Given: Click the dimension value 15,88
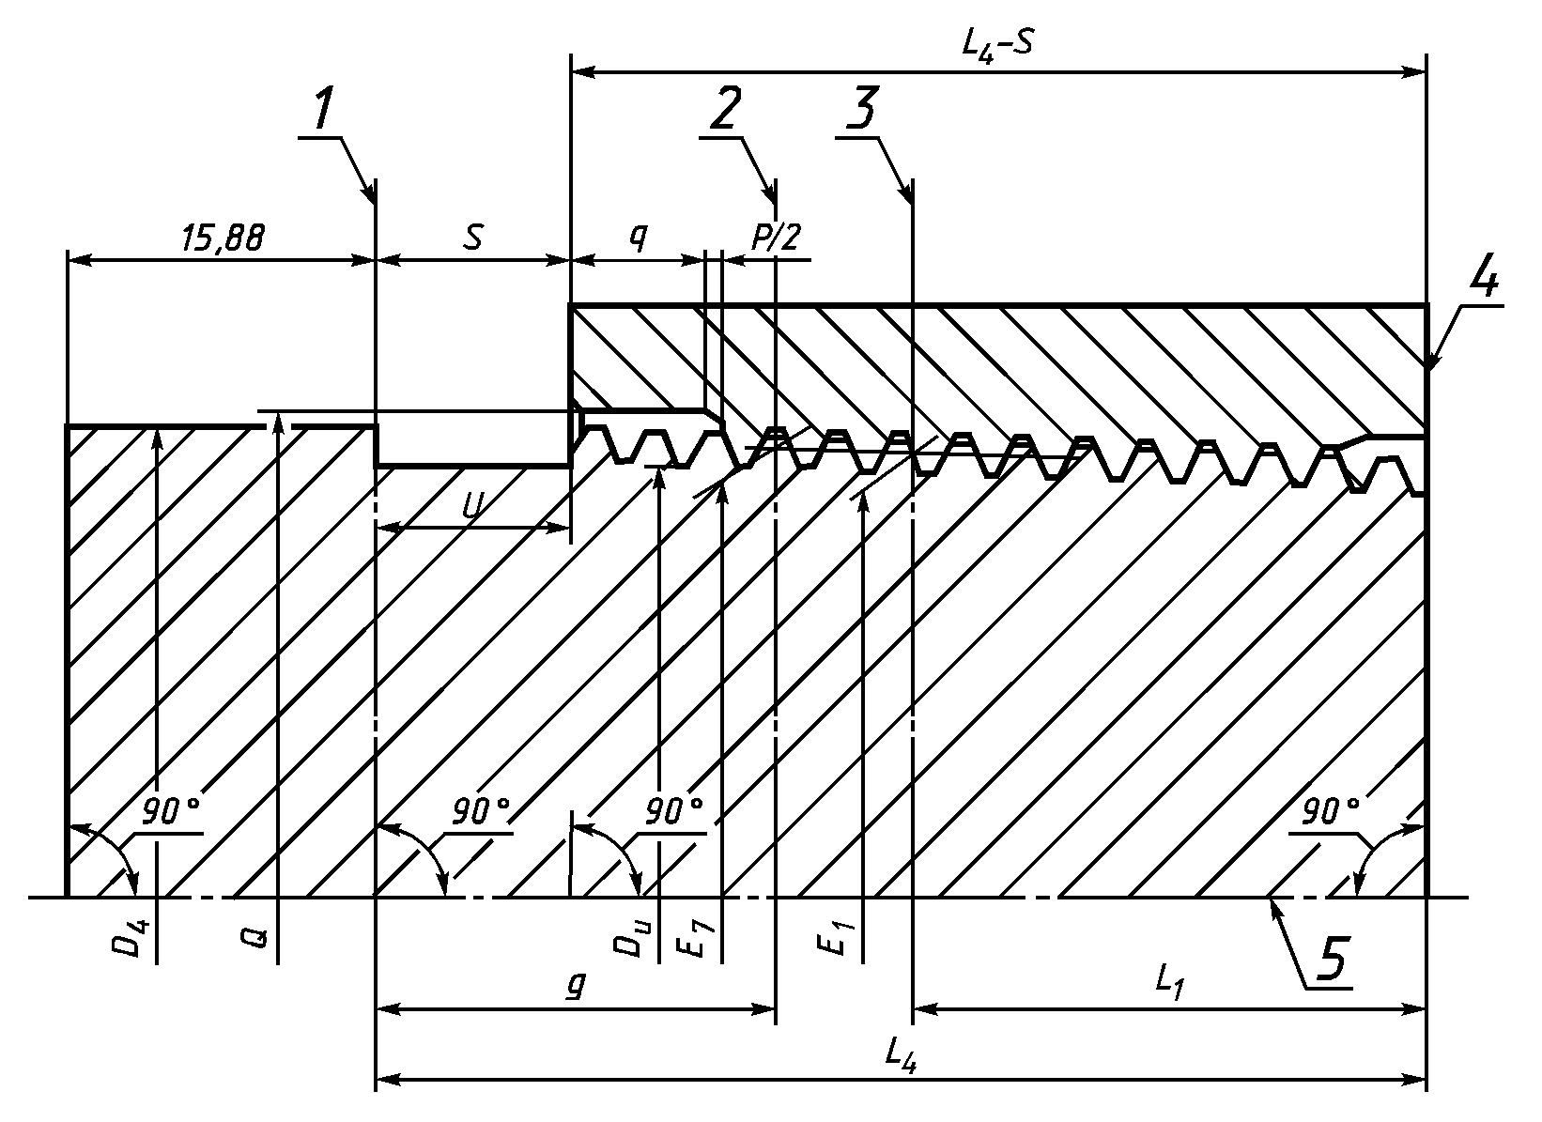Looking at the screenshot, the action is pyautogui.click(x=223, y=238).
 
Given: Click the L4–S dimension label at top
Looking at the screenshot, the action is pyautogui.click(x=997, y=48).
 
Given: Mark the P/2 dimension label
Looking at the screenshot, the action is pyautogui.click(x=776, y=238).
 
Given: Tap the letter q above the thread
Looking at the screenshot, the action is pyautogui.click(x=639, y=238).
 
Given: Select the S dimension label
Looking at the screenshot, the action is pyautogui.click(x=472, y=238).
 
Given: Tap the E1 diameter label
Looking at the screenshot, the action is pyautogui.click(x=834, y=939).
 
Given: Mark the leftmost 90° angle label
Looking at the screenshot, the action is pyautogui.click(x=171, y=812).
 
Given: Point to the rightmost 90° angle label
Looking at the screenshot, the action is pyautogui.click(x=1331, y=812).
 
